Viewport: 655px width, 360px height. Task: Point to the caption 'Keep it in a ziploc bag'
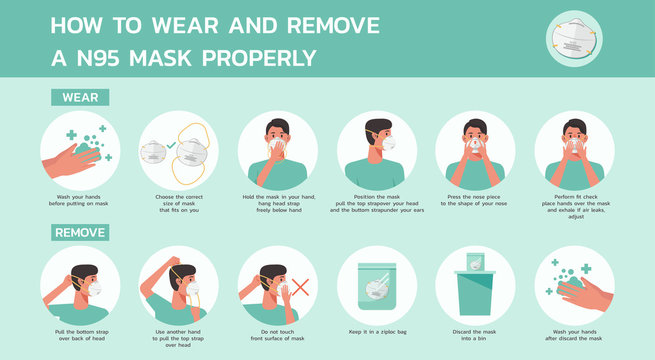(377, 329)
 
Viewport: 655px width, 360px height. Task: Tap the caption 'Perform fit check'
(574, 204)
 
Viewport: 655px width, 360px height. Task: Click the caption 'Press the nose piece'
(476, 200)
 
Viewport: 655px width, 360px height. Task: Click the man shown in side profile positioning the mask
(377, 150)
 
